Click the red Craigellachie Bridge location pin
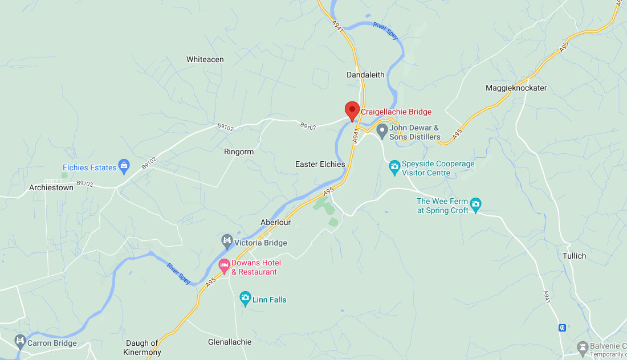coord(352,109)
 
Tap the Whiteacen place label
coord(205,59)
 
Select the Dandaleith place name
coord(365,75)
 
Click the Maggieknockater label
coord(516,88)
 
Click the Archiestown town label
coord(51,187)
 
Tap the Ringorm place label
coord(239,152)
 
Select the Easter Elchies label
coord(320,164)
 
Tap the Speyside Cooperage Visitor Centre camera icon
coord(394,167)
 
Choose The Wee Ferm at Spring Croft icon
coord(476,204)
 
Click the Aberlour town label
coord(276,222)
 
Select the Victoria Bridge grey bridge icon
coord(227,242)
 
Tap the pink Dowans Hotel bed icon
coord(225,265)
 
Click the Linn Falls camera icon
coord(245,298)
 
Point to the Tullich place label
coord(574,256)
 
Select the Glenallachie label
coord(230,342)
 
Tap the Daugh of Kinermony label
coord(142,347)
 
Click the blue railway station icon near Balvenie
coord(562,328)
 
